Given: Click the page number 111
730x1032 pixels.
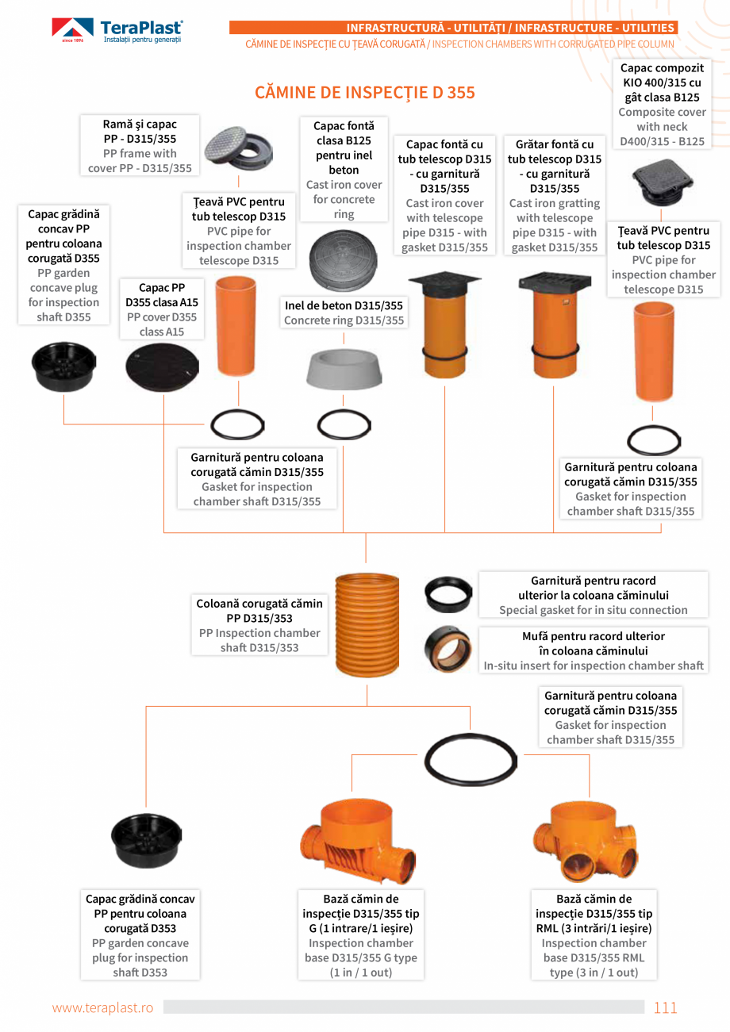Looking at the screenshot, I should click(665, 1007).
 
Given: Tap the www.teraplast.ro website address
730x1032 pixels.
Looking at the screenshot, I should click(102, 1007).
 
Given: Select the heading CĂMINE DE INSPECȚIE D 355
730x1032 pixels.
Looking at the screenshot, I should click(364, 93).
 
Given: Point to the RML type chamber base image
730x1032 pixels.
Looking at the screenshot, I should click(586, 842).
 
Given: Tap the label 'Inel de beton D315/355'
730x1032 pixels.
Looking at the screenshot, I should click(344, 305).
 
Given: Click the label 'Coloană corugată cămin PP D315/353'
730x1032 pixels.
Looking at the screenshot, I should click(259, 611).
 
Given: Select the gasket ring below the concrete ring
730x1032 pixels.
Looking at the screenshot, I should click(344, 426).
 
